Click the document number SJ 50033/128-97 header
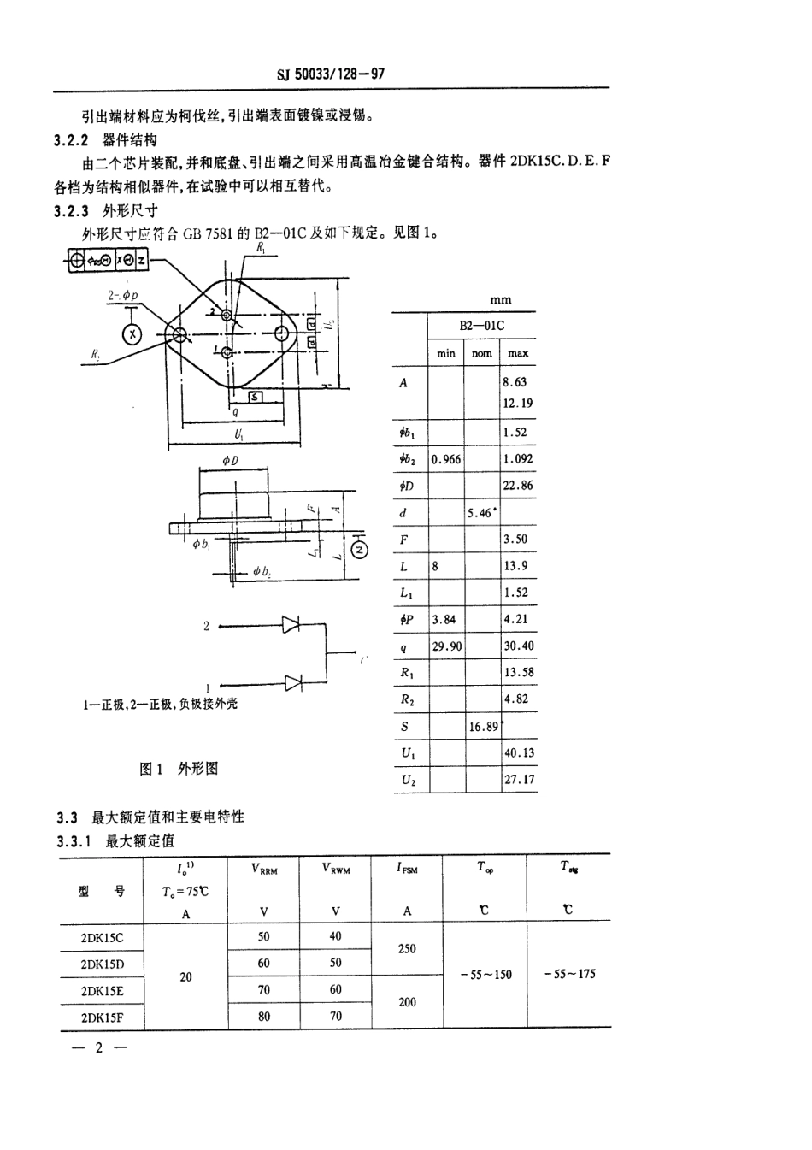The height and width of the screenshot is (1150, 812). [x=331, y=74]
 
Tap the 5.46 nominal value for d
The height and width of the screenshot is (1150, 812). [x=480, y=513]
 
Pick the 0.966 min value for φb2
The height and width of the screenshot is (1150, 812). [x=446, y=459]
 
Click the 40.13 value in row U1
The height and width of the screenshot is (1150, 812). [x=519, y=753]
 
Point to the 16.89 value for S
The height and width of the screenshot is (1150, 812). [x=484, y=727]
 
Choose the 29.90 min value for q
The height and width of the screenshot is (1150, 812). [x=446, y=646]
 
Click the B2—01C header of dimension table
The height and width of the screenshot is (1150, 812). [x=482, y=326]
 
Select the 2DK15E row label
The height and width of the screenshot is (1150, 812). [x=102, y=991]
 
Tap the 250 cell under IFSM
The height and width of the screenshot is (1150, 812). [x=407, y=949]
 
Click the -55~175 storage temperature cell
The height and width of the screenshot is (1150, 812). [x=568, y=974]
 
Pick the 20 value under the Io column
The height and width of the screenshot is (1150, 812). [x=186, y=977]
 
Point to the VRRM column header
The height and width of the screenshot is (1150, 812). [x=264, y=869]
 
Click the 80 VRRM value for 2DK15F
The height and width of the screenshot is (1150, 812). [x=264, y=1017]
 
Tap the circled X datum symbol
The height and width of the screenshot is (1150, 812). [x=132, y=334]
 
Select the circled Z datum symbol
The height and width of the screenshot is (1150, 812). [x=360, y=550]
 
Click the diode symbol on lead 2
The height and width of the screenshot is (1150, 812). [x=292, y=626]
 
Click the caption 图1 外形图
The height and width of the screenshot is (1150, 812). [x=179, y=769]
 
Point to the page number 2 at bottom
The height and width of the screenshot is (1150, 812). [x=97, y=1048]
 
